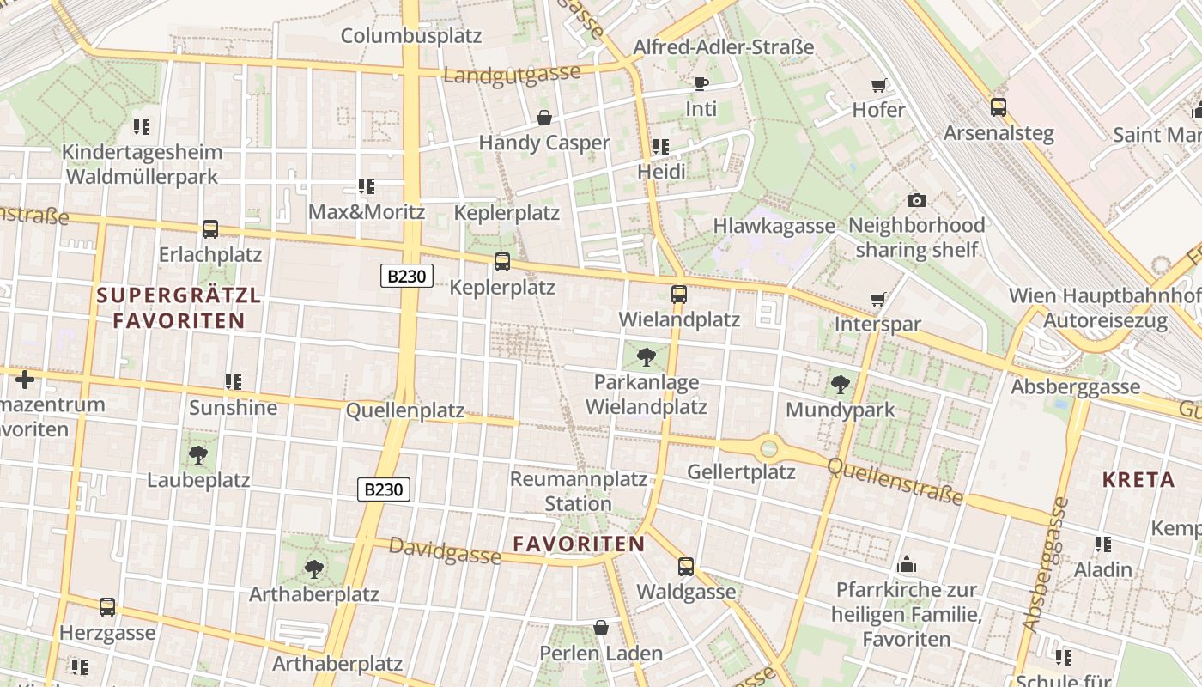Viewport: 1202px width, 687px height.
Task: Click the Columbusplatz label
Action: [411, 36]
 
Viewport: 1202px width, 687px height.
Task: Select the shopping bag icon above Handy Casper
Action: [543, 118]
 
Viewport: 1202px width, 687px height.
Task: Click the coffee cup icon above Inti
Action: [701, 84]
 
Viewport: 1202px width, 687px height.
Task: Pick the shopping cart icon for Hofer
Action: [878, 85]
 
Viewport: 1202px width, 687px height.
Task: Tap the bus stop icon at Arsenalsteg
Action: [998, 107]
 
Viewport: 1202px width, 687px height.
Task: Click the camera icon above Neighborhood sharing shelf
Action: [916, 200]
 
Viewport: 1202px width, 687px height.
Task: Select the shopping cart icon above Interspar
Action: [877, 300]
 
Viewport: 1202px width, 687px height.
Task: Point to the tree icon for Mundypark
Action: [840, 385]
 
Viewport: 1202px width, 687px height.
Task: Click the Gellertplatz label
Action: [741, 472]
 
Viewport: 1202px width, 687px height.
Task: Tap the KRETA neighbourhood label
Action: [1138, 479]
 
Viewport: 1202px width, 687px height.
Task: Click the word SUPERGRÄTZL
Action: [179, 295]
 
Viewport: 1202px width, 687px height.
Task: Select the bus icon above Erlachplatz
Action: [209, 229]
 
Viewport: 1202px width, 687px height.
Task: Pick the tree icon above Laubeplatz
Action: [197, 454]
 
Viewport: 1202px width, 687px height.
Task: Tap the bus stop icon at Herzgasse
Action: [107, 607]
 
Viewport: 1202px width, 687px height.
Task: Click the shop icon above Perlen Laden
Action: [600, 629]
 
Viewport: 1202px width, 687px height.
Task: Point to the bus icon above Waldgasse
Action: [685, 567]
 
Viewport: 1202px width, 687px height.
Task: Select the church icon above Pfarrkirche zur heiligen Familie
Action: [906, 565]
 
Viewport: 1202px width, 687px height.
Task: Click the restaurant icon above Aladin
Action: [1102, 544]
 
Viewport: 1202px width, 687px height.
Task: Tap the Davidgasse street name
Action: [445, 550]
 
